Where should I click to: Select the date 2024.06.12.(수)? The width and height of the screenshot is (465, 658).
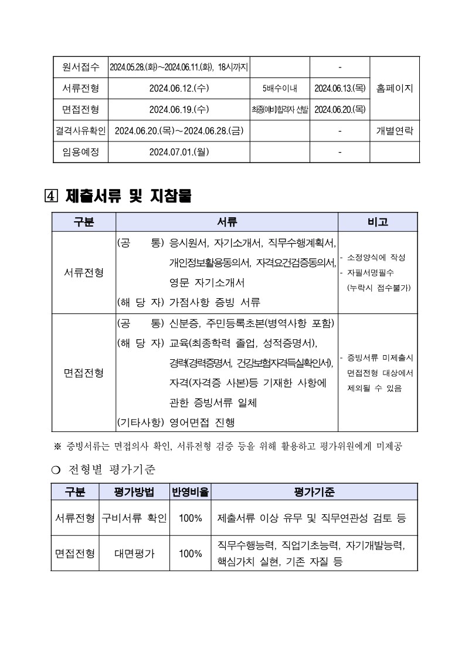179,88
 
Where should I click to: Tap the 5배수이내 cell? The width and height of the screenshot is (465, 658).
280,88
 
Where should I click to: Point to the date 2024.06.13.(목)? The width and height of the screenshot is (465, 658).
340,88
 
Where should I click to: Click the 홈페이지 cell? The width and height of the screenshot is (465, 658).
394,88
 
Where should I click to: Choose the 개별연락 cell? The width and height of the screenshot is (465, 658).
394,131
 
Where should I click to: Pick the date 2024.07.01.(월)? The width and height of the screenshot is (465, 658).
179,152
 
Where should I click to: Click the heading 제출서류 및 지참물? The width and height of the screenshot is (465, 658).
129,196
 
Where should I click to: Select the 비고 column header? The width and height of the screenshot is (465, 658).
378,222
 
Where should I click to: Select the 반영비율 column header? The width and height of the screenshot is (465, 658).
190,492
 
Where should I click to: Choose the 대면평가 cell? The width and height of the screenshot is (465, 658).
134,553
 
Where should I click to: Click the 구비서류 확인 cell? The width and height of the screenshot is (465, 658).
134,518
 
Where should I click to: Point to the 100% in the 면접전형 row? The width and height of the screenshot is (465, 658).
190,553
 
